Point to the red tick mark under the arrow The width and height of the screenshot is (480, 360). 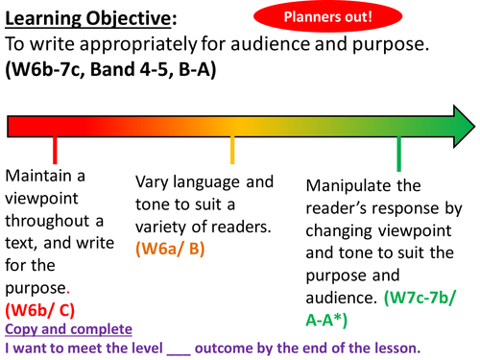click(55, 150)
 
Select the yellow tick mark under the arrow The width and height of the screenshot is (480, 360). click(232, 150)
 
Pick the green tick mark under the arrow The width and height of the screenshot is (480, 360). click(399, 152)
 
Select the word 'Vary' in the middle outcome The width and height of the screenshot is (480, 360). click(154, 182)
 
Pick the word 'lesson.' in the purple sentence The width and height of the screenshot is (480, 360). click(396, 348)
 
